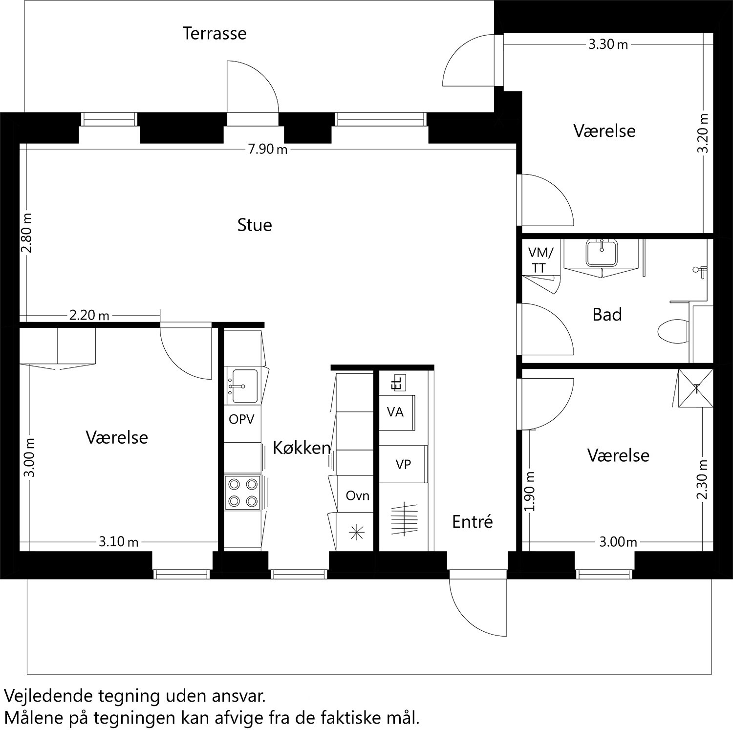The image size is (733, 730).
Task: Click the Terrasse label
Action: pyautogui.click(x=215, y=33)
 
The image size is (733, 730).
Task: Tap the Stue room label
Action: pyautogui.click(x=254, y=225)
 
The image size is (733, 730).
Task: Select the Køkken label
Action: pyautogui.click(x=302, y=448)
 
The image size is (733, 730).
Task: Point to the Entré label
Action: pyautogui.click(x=472, y=522)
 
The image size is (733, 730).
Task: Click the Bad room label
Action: pyautogui.click(x=607, y=315)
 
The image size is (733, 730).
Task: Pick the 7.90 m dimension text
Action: pyautogui.click(x=268, y=150)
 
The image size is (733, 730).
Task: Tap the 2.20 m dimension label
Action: pyautogui.click(x=89, y=315)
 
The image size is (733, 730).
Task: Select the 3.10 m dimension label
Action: pyautogui.click(x=119, y=541)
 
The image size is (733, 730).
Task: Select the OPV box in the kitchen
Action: pyautogui.click(x=241, y=419)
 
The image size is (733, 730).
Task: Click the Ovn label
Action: pyautogui.click(x=357, y=496)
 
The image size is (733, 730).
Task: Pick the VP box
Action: pyautogui.click(x=403, y=464)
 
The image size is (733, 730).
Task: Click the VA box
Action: pyautogui.click(x=396, y=412)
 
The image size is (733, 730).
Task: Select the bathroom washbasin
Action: pyautogui.click(x=602, y=252)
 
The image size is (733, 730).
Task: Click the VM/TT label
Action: pyautogui.click(x=540, y=260)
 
